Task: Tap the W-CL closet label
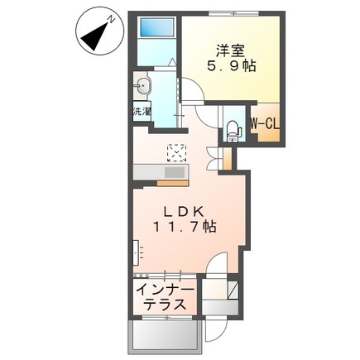(265, 124)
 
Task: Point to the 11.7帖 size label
(187, 224)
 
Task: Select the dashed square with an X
(177, 151)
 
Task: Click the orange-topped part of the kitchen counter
(175, 171)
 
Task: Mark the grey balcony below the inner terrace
(163, 334)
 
